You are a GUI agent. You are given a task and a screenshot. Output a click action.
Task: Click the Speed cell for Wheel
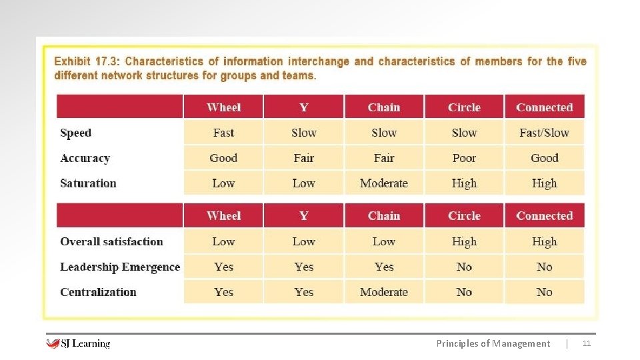click(x=223, y=133)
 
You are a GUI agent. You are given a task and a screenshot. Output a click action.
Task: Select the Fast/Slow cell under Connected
click(x=544, y=133)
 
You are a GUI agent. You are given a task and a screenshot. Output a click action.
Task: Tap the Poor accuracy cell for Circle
click(x=464, y=158)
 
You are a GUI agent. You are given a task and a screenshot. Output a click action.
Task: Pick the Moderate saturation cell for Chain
click(x=384, y=183)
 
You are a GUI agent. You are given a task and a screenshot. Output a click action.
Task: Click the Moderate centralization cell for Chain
click(x=384, y=292)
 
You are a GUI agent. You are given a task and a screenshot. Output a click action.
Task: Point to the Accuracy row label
click(x=85, y=158)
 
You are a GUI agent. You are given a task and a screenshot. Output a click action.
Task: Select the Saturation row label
click(x=88, y=183)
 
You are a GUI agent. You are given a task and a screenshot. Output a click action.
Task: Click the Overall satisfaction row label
click(x=111, y=241)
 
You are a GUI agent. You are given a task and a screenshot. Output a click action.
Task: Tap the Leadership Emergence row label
click(x=120, y=267)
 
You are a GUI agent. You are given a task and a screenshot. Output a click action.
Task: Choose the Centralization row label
click(x=98, y=292)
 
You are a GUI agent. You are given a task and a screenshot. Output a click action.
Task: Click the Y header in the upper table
click(x=304, y=107)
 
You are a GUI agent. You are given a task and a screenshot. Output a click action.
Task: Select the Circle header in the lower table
click(x=464, y=216)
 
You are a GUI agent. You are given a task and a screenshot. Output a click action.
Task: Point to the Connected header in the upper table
click(x=544, y=107)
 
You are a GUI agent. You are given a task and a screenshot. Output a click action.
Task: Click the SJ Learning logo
click(x=78, y=343)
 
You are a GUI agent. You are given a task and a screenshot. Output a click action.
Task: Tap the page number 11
click(x=587, y=343)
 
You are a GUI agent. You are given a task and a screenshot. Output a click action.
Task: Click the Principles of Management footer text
click(x=493, y=343)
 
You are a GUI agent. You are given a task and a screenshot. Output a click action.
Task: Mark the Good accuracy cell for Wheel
click(x=223, y=158)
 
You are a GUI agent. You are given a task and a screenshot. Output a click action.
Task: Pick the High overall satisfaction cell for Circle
click(x=464, y=241)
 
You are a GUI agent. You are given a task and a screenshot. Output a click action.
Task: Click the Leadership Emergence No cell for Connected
click(x=544, y=267)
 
